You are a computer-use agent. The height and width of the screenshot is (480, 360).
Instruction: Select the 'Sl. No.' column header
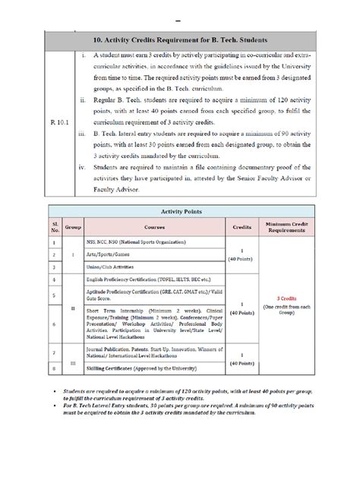pyautogui.click(x=54, y=226)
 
